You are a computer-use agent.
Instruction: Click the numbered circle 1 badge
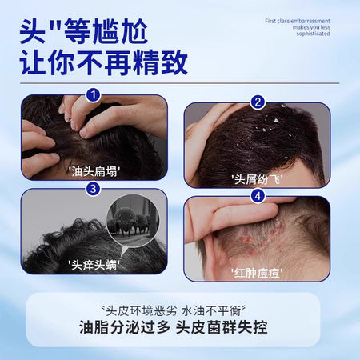(x=93, y=95)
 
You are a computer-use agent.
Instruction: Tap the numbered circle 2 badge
(x=258, y=102)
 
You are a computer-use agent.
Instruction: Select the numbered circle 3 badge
(x=93, y=189)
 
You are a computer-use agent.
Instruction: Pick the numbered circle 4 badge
(x=258, y=197)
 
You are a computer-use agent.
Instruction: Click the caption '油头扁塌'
(x=94, y=171)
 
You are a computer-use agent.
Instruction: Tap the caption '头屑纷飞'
(x=257, y=179)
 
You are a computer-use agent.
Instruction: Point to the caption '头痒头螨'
(x=94, y=265)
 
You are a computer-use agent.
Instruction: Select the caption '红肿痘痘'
(x=257, y=273)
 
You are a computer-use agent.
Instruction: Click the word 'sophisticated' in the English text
(x=313, y=34)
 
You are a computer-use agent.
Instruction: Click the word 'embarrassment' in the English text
(x=310, y=21)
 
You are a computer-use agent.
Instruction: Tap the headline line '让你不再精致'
(x=104, y=62)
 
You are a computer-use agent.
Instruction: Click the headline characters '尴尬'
(x=119, y=31)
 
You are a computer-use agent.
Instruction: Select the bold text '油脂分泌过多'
(x=125, y=327)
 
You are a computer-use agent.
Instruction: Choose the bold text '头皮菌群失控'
(x=222, y=327)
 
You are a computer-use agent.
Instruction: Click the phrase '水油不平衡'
(x=211, y=311)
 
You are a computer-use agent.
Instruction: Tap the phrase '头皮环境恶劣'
(x=142, y=311)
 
